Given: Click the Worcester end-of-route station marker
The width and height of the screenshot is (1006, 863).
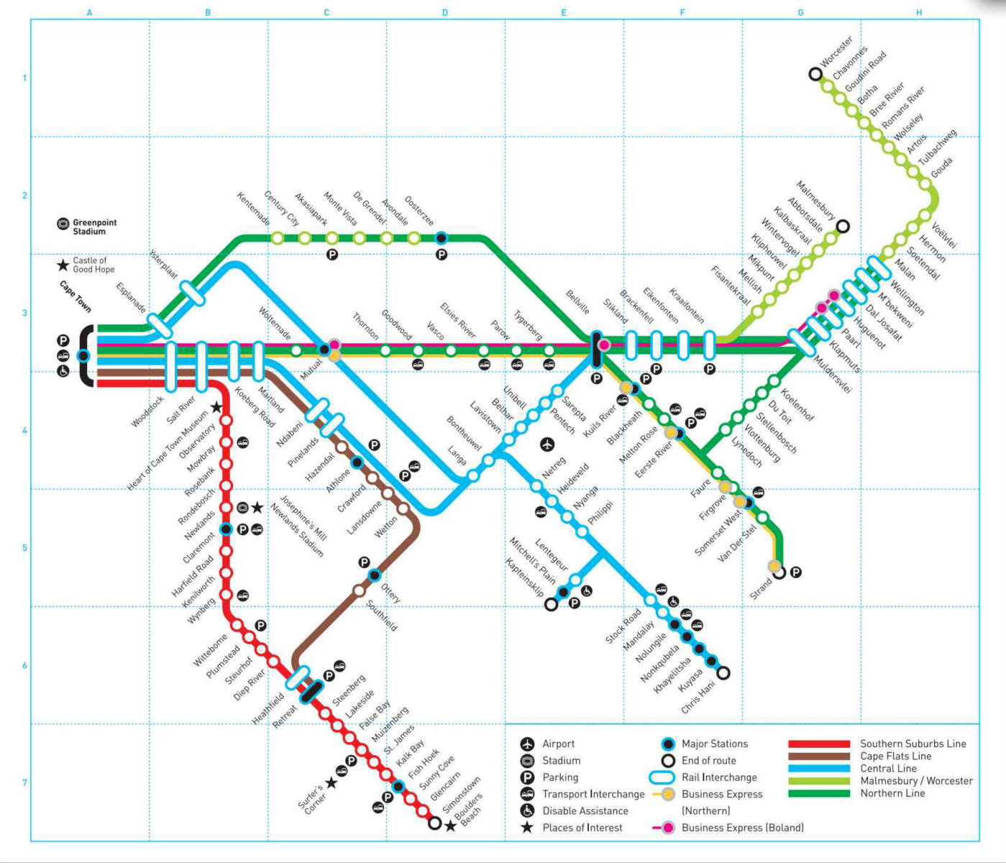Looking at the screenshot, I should click(815, 73).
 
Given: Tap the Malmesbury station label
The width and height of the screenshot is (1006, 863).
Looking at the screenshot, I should click(816, 200).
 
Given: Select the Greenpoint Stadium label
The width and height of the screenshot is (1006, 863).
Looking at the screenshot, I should click(94, 227).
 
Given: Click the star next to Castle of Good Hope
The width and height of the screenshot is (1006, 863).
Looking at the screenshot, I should click(63, 265).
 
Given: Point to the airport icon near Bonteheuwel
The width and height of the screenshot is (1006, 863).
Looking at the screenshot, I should click(547, 444).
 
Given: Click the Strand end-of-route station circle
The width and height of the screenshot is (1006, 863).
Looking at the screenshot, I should click(779, 573).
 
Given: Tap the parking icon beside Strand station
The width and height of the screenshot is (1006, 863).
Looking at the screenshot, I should click(795, 572).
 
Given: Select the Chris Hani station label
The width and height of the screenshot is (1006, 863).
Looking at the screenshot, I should click(698, 697).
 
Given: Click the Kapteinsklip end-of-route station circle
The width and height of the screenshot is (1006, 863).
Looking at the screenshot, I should click(551, 605).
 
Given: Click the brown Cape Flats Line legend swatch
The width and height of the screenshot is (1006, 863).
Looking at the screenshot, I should click(818, 757).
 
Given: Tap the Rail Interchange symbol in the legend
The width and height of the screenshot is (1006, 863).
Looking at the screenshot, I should click(662, 777).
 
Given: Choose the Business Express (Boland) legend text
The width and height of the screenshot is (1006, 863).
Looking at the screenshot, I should click(742, 828).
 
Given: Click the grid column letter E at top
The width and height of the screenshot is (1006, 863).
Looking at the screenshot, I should click(564, 13).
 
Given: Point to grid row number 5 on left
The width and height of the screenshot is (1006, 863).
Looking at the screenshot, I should click(25, 548).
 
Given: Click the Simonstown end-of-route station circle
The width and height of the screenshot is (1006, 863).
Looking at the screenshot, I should click(434, 823).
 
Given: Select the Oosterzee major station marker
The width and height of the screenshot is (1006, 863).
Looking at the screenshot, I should click(442, 238).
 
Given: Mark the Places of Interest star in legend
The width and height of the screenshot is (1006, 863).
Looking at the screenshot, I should click(527, 828).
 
